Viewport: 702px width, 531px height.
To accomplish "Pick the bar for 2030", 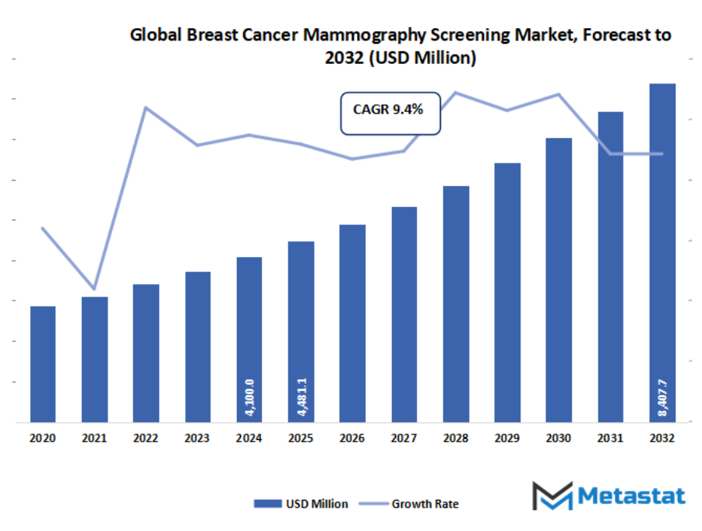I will (559, 280).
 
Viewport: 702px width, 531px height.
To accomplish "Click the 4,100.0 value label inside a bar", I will (249, 396).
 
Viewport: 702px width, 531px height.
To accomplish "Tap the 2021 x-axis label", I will (94, 439).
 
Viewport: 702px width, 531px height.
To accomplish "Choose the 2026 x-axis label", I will (352, 439).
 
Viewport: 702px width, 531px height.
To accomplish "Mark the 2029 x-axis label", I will (507, 439).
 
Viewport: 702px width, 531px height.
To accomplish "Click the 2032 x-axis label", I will (661, 439).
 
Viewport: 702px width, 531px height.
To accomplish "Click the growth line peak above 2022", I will (146, 107).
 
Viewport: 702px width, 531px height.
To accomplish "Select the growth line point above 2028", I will (456, 93).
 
